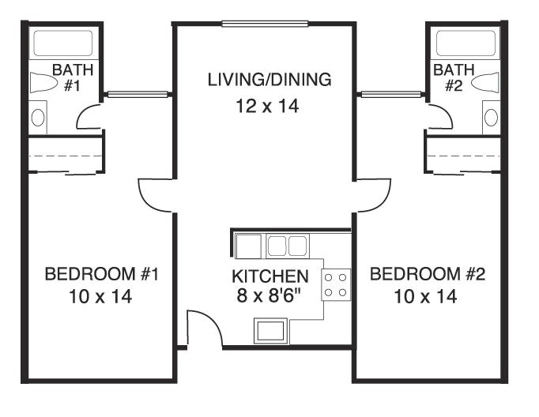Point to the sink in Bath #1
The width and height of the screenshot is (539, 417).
[x=38, y=118]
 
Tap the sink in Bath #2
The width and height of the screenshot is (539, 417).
[x=491, y=118]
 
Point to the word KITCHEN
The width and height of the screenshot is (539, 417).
[x=269, y=277]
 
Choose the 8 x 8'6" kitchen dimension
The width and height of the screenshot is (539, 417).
[x=269, y=297]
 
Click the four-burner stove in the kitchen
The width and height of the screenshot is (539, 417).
[x=336, y=285]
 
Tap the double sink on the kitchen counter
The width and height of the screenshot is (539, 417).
[x=286, y=246]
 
